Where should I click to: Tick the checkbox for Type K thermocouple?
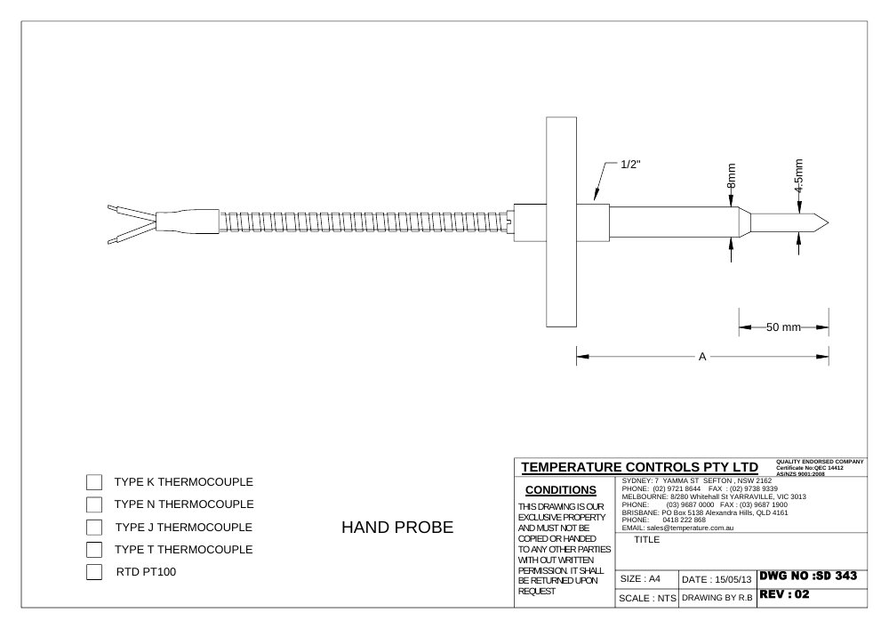(x=94, y=482)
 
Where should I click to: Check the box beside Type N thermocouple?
(x=94, y=504)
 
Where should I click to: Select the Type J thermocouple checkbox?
(x=94, y=528)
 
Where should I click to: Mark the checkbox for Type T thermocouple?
(x=94, y=550)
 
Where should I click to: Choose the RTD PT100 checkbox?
(x=94, y=572)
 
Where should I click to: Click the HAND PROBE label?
(x=397, y=528)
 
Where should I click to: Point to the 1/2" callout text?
(x=630, y=165)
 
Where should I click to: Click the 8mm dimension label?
(x=732, y=176)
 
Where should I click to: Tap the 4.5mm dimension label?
(x=799, y=176)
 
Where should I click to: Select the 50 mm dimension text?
(x=783, y=327)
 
